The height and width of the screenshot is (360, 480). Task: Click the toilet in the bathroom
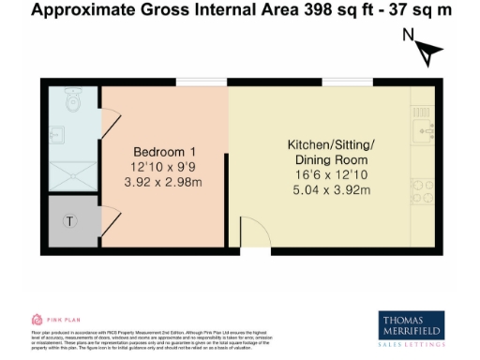[x=73, y=97]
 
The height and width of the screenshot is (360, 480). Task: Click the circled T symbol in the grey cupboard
[x=68, y=221]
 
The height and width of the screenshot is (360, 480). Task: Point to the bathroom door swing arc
[x=111, y=120]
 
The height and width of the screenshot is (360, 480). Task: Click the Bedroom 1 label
[x=164, y=152]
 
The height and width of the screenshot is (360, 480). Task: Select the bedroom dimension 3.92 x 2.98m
[x=164, y=182]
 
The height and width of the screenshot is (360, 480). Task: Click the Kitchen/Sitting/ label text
[x=330, y=144]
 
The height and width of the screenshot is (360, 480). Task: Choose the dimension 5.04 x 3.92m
[x=330, y=190]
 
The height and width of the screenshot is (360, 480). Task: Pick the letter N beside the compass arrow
[x=408, y=37]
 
